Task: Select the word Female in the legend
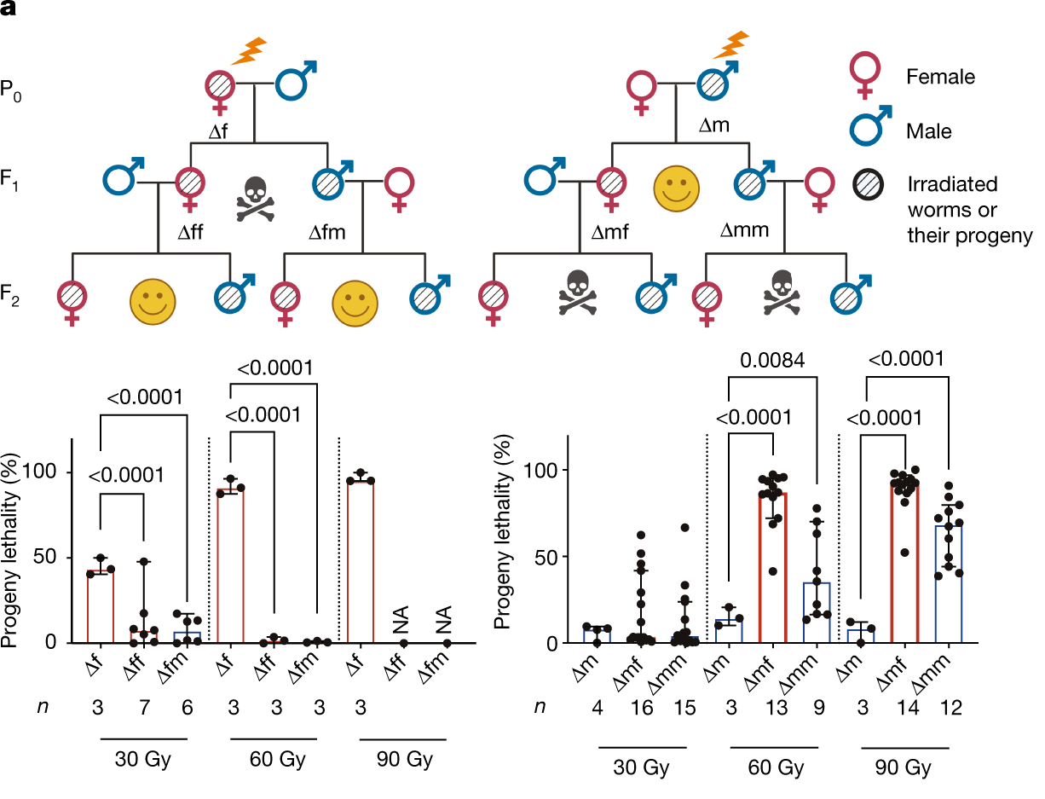941,77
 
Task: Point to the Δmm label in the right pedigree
746,229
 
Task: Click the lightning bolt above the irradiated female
248,50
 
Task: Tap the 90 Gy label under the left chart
404,758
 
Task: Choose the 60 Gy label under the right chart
772,767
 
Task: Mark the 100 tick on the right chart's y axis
543,471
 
